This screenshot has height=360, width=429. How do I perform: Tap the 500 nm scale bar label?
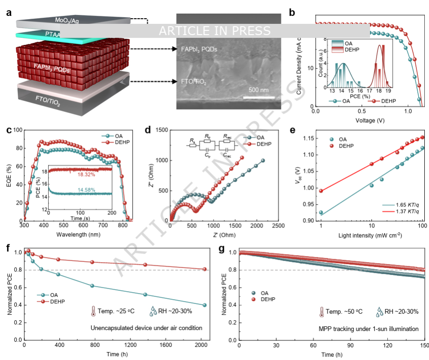point(258,90)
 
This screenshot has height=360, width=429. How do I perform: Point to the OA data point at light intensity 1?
point(321,213)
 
